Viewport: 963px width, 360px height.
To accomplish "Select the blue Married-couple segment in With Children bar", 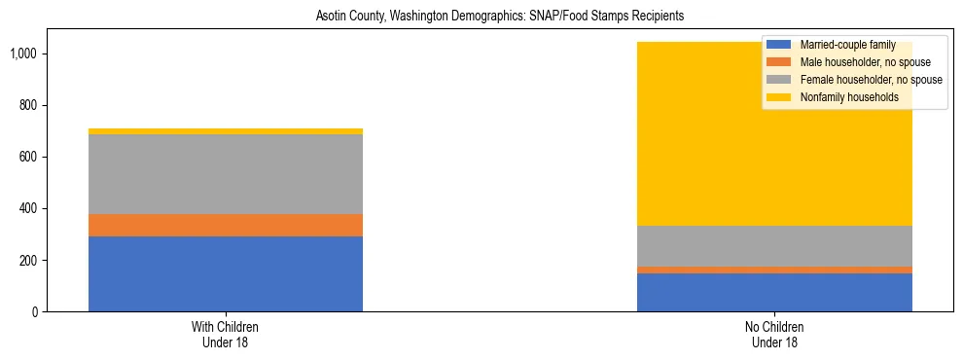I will pyautogui.click(x=226, y=274).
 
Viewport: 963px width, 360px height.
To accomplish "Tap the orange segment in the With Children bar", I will pyautogui.click(x=226, y=226).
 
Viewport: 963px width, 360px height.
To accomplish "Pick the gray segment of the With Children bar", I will pyautogui.click(x=226, y=174).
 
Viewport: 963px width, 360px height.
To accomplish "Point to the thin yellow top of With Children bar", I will pyautogui.click(x=226, y=131).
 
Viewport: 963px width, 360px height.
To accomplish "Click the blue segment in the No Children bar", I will pyautogui.click(x=774, y=293).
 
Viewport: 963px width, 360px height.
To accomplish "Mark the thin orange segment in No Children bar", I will pyautogui.click(x=774, y=270).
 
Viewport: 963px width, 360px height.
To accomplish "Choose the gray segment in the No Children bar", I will pyautogui.click(x=774, y=246).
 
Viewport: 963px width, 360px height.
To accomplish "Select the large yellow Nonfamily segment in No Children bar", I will pyautogui.click(x=681, y=146).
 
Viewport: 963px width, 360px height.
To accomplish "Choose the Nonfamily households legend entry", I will pyautogui.click(x=842, y=97).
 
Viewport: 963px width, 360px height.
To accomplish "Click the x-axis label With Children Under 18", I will pyautogui.click(x=226, y=335).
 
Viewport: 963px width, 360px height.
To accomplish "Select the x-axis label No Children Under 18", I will pyautogui.click(x=774, y=335).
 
